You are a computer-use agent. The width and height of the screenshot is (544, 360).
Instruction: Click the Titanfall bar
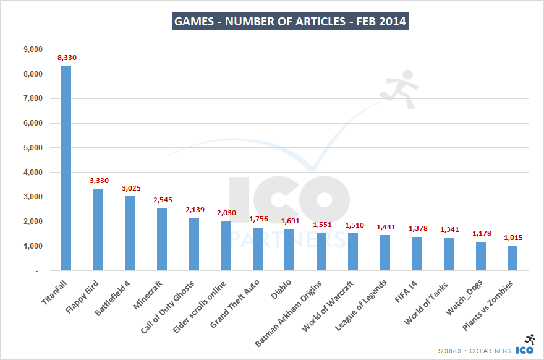[66, 168]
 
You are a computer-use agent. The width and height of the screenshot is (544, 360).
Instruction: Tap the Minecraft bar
[161, 239]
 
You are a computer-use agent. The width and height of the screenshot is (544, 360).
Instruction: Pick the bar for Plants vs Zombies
[512, 258]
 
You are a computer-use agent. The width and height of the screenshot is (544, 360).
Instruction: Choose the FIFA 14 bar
[417, 254]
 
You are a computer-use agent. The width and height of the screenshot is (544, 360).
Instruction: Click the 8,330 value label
[67, 58]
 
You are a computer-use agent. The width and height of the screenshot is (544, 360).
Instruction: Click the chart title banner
[290, 22]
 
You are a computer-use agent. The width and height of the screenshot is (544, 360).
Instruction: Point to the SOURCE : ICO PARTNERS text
[474, 351]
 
